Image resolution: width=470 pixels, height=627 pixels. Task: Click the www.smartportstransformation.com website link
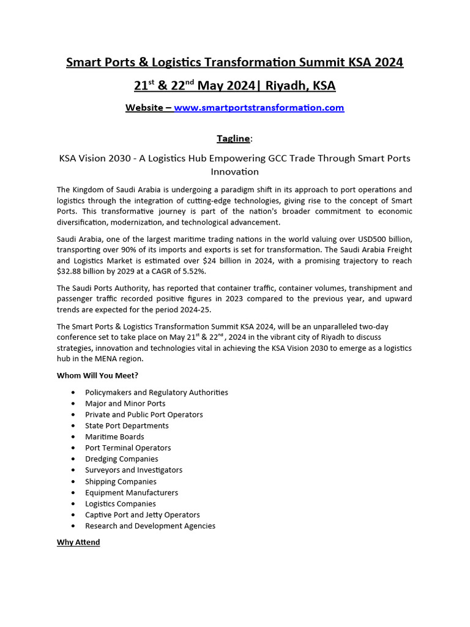pos(259,108)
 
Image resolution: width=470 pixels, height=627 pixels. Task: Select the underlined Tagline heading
pos(233,138)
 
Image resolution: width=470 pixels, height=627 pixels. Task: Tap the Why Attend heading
pos(78,543)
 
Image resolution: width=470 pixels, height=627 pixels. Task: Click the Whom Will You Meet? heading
pos(97,375)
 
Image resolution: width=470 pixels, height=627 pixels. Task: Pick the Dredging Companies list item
pos(121,459)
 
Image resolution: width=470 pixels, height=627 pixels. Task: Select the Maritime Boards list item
pos(114,437)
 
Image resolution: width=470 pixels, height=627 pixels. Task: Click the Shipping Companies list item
pos(121,481)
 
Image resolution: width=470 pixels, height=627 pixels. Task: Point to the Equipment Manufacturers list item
pos(132,492)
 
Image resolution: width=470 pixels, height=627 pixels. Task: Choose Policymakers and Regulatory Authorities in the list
pos(156,392)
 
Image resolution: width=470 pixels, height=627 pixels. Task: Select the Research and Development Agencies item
pos(150,526)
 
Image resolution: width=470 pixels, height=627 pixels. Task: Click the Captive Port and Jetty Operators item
pos(142,515)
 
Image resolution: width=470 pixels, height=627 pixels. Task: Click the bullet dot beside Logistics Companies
pos(73,504)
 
